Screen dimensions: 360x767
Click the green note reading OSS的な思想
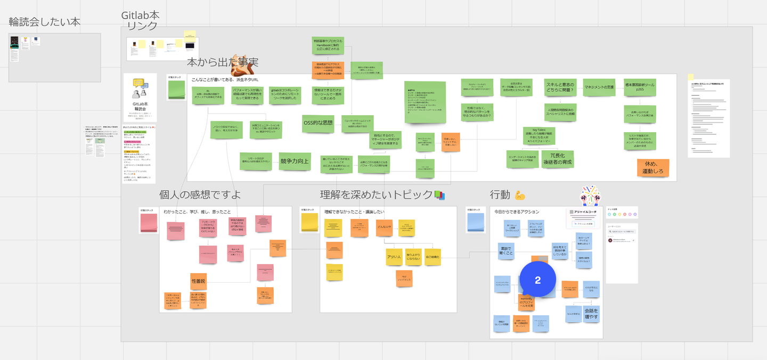(x=318, y=123)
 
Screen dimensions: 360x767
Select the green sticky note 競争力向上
(x=295, y=161)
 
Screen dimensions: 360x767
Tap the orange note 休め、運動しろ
(x=652, y=168)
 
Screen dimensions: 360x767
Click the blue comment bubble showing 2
(x=537, y=280)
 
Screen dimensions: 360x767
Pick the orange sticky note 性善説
(x=198, y=281)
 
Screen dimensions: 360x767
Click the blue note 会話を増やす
(x=591, y=314)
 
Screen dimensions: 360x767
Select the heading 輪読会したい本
(x=45, y=22)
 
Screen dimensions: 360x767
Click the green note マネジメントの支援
(x=599, y=87)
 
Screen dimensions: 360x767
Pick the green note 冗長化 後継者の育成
(x=557, y=159)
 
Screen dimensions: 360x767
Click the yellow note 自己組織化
(x=433, y=257)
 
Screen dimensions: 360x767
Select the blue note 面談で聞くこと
(x=506, y=250)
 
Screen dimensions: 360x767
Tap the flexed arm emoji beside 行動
(x=520, y=195)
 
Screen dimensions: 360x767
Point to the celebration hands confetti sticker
(x=591, y=195)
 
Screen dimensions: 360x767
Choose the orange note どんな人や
(x=384, y=227)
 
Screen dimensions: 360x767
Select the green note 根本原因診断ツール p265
(x=640, y=87)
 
